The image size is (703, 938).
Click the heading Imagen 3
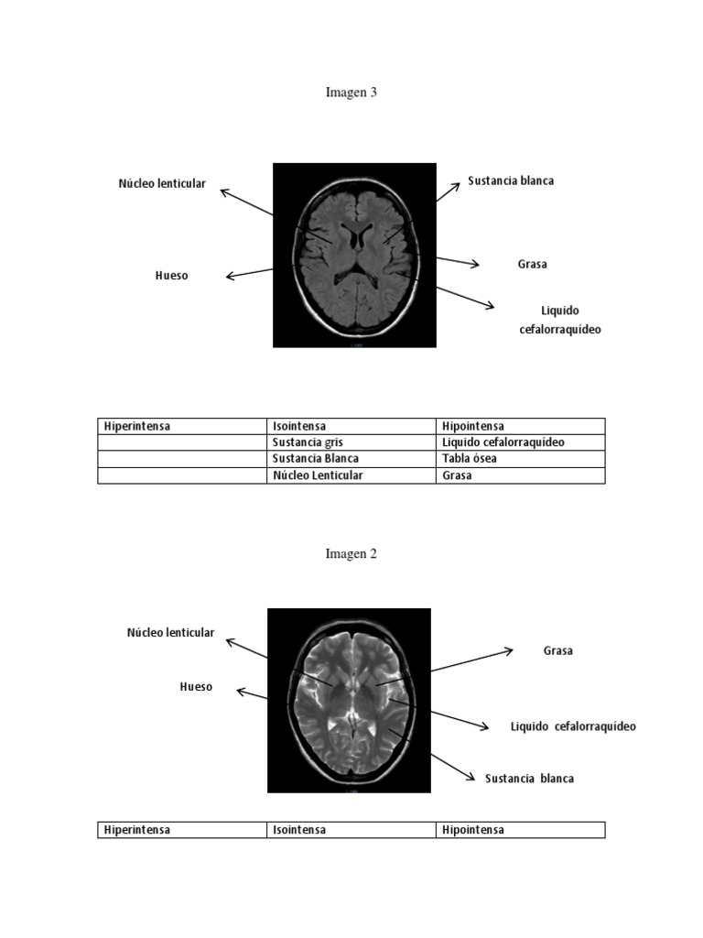(x=351, y=93)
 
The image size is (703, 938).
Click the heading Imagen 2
(x=351, y=554)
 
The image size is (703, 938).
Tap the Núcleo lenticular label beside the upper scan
(x=162, y=183)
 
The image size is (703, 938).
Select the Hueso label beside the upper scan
(x=171, y=276)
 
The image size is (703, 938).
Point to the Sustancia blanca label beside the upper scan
(x=511, y=180)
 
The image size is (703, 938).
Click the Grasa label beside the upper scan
(x=532, y=264)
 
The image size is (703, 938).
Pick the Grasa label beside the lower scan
(x=557, y=651)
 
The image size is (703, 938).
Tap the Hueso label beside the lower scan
(x=196, y=687)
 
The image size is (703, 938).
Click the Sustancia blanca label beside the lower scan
(x=529, y=779)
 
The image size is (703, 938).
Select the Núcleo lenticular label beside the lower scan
(x=170, y=632)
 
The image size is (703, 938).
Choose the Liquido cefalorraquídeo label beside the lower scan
(x=573, y=726)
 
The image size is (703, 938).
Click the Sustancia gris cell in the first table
(x=308, y=442)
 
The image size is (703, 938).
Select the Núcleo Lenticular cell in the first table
(x=318, y=475)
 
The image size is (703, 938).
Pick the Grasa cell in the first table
(x=457, y=475)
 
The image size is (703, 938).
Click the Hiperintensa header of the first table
(x=137, y=427)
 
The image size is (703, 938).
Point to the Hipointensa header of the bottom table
(x=473, y=830)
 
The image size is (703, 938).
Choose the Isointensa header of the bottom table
(x=299, y=830)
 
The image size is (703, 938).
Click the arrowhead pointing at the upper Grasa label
(x=476, y=264)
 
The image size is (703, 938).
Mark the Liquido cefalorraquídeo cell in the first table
(x=503, y=442)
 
